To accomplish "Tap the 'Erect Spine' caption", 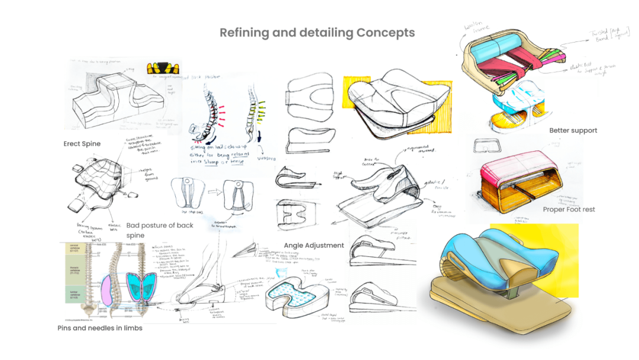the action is click(82, 144).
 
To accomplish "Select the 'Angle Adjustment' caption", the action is click(314, 245).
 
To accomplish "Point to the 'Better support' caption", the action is click(573, 130).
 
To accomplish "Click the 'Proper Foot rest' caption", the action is click(569, 210).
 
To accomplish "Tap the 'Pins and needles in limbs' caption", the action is click(99, 328).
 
